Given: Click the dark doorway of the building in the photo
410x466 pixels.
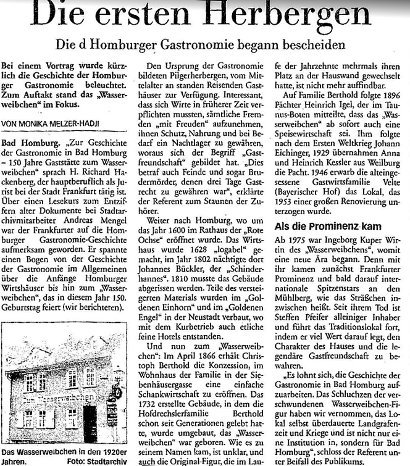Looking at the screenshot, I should pyautogui.click(x=90, y=422).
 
